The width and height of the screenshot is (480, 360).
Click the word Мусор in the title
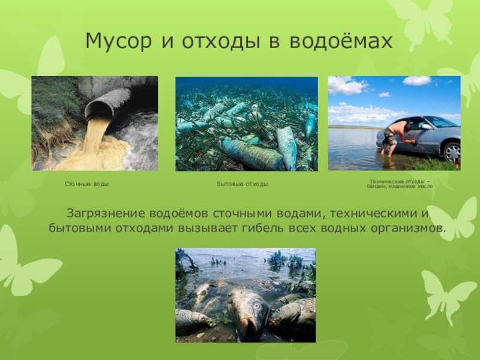point(119,41)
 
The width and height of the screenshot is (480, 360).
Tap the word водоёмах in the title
point(341,41)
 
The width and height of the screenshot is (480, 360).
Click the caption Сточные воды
point(87,184)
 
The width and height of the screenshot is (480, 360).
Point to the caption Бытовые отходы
point(242,184)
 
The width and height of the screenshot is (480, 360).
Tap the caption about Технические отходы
point(400,184)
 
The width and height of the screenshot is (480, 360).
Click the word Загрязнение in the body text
point(106,214)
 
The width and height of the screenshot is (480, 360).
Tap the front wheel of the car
point(452,152)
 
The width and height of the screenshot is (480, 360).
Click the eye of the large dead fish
point(257,305)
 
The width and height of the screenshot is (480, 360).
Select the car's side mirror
point(426,127)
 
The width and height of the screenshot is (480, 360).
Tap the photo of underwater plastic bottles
point(247,124)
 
